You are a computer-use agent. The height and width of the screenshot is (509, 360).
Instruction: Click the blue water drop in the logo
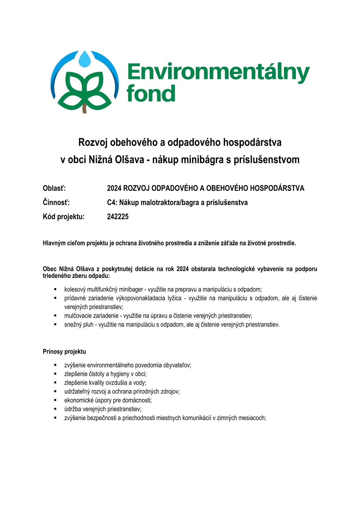[x=85, y=59]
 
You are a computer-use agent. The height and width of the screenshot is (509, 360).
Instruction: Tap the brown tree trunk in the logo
[x=84, y=109]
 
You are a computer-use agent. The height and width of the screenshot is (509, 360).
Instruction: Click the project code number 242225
[x=118, y=217]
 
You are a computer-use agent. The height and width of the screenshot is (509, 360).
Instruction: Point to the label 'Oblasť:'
[x=54, y=188]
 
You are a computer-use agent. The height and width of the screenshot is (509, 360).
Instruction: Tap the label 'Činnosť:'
[x=56, y=203]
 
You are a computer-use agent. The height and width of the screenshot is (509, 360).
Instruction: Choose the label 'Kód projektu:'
[x=64, y=217]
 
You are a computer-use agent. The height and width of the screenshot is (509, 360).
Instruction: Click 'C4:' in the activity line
[x=112, y=203]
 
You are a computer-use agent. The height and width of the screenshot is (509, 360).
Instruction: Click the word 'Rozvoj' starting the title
[x=93, y=142]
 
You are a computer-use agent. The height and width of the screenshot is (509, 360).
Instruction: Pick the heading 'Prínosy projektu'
[x=64, y=352]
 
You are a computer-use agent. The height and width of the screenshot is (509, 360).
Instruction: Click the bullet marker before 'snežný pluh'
[x=55, y=324]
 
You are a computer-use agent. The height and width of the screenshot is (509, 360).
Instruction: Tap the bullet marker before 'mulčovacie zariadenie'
[x=55, y=315]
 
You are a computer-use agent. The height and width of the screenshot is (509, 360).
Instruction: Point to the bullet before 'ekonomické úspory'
[x=55, y=400]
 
